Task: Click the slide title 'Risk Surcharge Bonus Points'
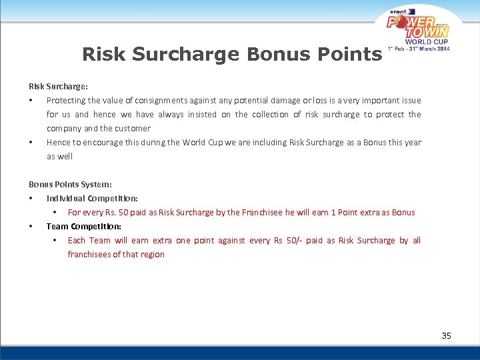click(x=231, y=54)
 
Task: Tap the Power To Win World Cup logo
click(x=419, y=29)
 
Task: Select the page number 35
click(x=446, y=335)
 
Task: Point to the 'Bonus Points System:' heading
click(x=70, y=184)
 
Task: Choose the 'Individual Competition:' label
click(x=92, y=198)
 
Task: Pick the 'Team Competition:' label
click(x=84, y=226)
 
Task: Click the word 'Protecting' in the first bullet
click(x=65, y=100)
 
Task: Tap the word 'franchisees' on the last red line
click(x=89, y=254)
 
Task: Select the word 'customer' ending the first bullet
click(x=133, y=128)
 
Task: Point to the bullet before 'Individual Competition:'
click(x=31, y=199)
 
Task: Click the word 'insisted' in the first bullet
click(x=205, y=114)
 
